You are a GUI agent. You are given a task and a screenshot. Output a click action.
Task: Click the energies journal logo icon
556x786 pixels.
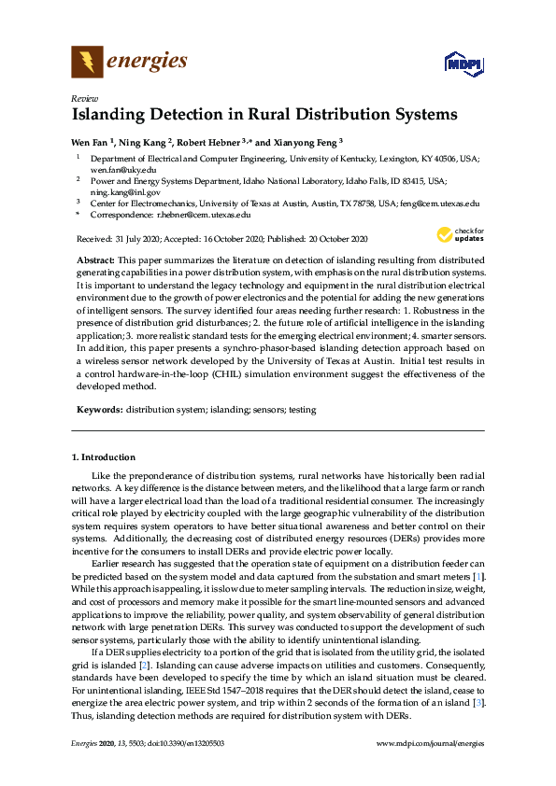[87, 63]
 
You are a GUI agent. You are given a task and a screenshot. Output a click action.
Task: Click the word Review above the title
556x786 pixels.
[84, 99]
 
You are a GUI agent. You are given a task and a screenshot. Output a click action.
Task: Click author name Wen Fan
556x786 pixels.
[90, 143]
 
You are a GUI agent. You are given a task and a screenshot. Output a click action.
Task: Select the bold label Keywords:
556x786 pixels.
[99, 410]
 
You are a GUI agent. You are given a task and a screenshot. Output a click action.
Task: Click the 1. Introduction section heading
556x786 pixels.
[104, 457]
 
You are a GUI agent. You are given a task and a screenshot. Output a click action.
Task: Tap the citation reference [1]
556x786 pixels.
[478, 578]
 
